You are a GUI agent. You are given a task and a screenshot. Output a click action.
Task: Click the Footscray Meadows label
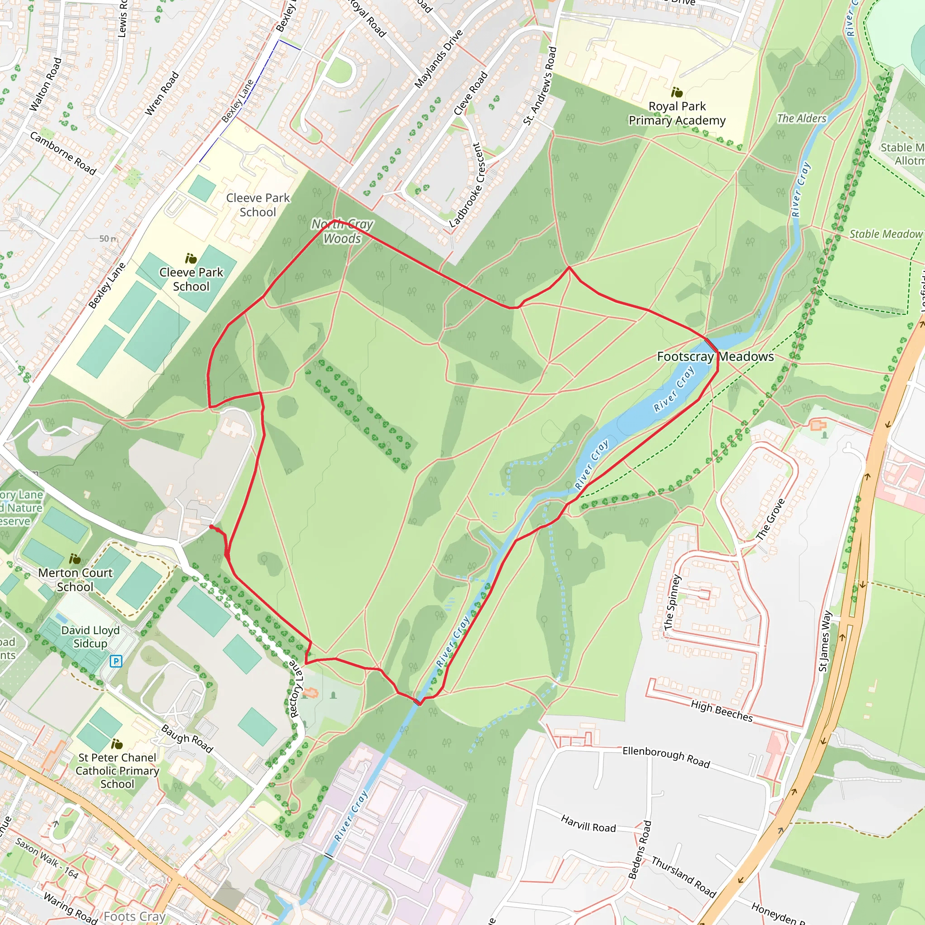tap(715, 356)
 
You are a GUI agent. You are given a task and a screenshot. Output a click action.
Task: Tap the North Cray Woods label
tap(342, 231)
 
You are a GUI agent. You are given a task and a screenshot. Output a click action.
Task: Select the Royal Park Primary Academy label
tap(677, 113)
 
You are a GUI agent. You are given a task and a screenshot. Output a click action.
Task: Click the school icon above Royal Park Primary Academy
tap(677, 92)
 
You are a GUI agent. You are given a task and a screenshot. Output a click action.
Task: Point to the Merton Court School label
tap(75, 580)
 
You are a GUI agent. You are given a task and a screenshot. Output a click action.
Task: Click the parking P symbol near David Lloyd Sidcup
tap(116, 662)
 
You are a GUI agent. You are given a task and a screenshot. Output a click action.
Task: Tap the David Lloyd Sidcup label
tap(90, 637)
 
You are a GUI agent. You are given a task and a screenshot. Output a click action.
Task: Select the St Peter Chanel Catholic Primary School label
tap(117, 771)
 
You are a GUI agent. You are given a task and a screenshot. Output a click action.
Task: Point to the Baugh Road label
tap(187, 739)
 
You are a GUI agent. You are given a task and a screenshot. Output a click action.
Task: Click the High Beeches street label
tap(721, 711)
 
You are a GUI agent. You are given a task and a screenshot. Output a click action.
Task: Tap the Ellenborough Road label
tap(666, 757)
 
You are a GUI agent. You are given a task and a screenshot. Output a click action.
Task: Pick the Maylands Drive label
tap(439, 59)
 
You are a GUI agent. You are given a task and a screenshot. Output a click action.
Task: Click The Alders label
tap(802, 118)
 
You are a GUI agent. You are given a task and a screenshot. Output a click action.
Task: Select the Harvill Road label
tap(588, 824)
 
